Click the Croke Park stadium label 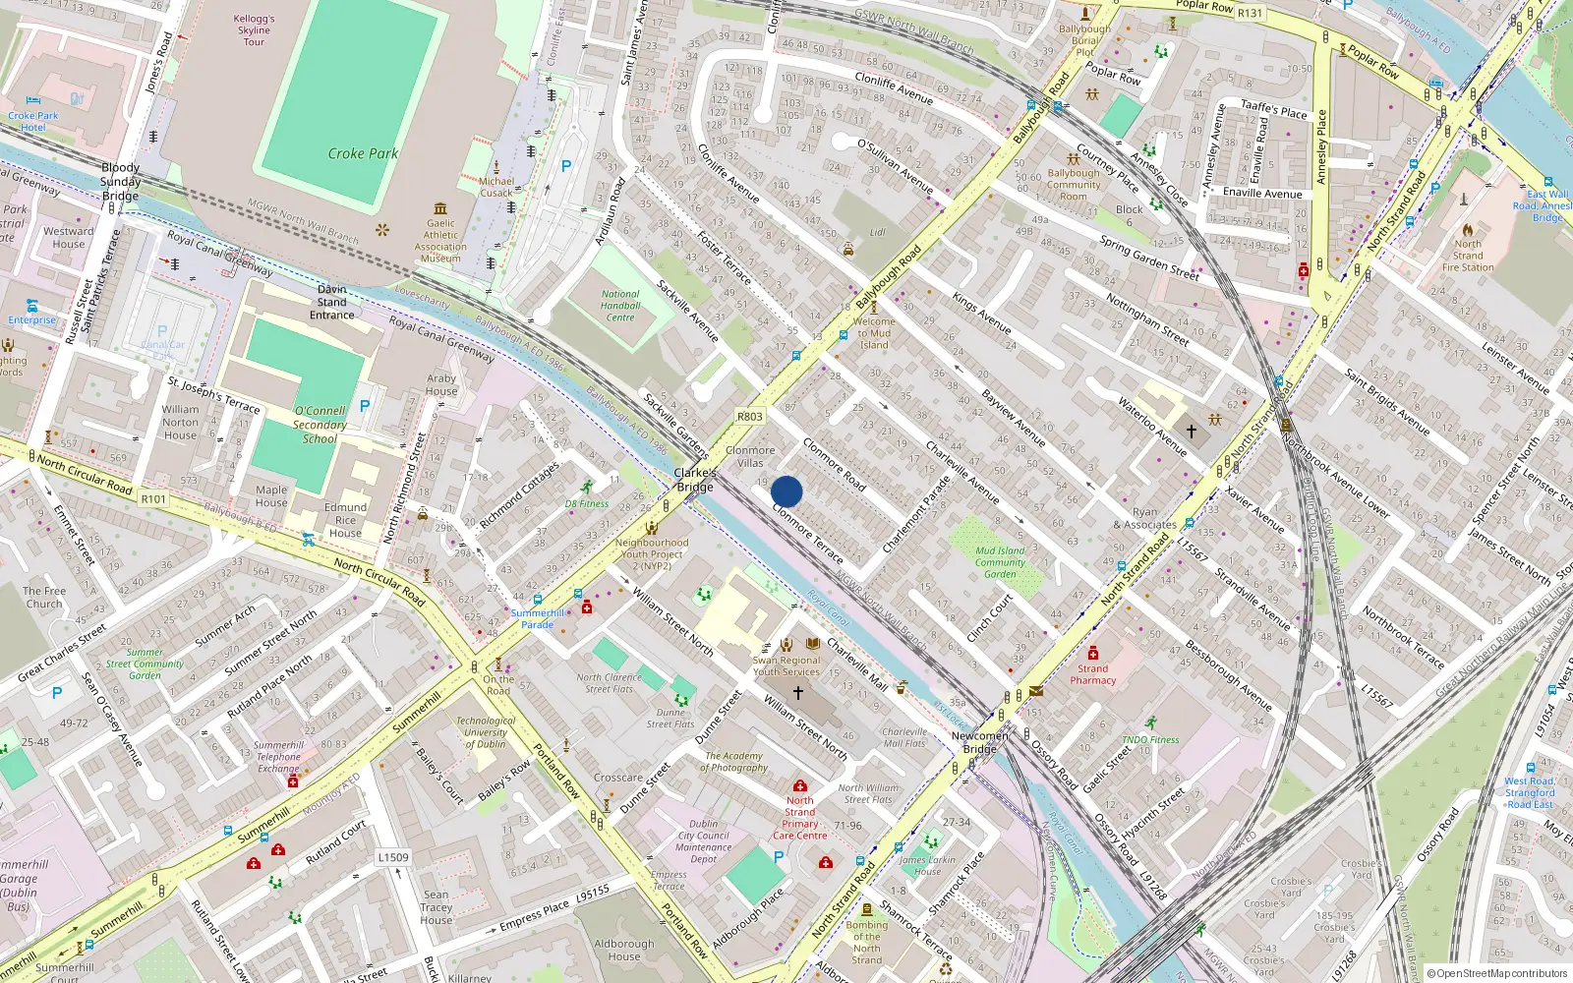pyautogui.click(x=363, y=153)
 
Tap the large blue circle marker pyautogui.click(x=786, y=491)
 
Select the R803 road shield pyautogui.click(x=749, y=417)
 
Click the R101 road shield pyautogui.click(x=153, y=499)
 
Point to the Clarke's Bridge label pyautogui.click(x=694, y=480)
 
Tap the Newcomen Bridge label pyautogui.click(x=979, y=742)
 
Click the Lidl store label pyautogui.click(x=877, y=233)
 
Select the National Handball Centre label pyautogui.click(x=620, y=306)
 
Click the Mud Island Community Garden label pyautogui.click(x=1000, y=562)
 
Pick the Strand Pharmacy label pyautogui.click(x=1093, y=674)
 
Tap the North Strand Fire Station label pyautogui.click(x=1468, y=256)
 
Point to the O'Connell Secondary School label pyautogui.click(x=320, y=425)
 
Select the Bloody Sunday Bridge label pyautogui.click(x=120, y=182)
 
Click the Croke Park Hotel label pyautogui.click(x=33, y=121)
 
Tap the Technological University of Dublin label pyautogui.click(x=486, y=732)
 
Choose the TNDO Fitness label pyautogui.click(x=1150, y=739)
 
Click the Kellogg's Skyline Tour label pyautogui.click(x=254, y=29)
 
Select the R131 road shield pyautogui.click(x=1250, y=14)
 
